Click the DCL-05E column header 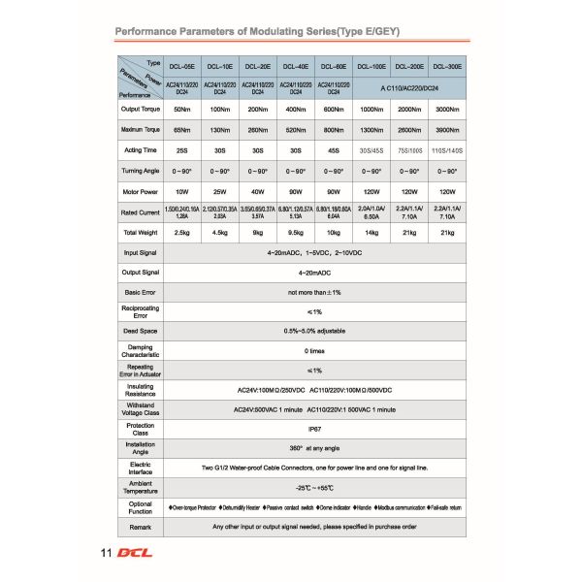[x=181, y=67]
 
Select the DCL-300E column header [x=447, y=67]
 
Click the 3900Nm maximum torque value [x=447, y=129]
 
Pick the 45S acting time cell [x=334, y=149]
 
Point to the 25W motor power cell [x=219, y=191]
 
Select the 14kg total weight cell [x=372, y=233]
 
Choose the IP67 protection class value [x=314, y=427]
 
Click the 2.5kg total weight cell [x=181, y=233]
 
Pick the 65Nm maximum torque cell [x=181, y=129]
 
